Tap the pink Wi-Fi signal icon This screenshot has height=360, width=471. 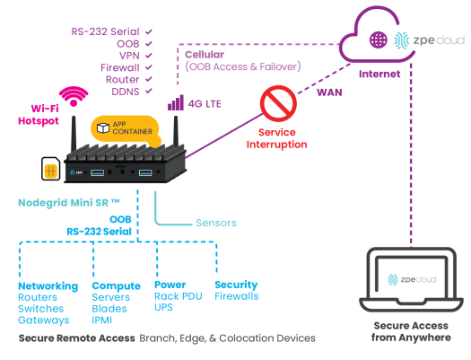click(74, 95)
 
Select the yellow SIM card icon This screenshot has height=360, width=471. click(48, 169)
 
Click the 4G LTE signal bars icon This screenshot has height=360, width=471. click(174, 103)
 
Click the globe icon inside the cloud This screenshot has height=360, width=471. click(379, 40)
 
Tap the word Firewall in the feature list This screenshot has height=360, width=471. click(120, 66)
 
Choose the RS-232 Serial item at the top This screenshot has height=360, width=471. click(105, 31)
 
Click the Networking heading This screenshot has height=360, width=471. click(48, 285)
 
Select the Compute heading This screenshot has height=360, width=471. click(117, 285)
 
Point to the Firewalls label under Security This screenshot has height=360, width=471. click(236, 296)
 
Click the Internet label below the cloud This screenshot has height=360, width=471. click(379, 75)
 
